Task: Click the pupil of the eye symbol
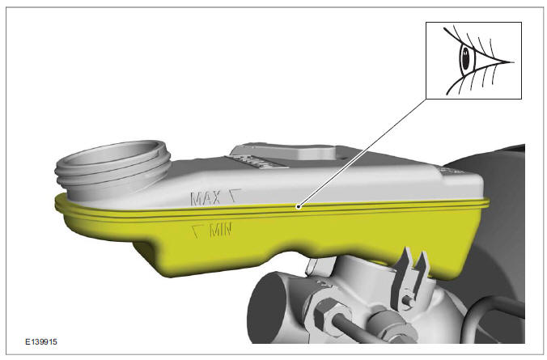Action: click(466, 58)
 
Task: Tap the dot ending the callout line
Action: click(300, 206)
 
